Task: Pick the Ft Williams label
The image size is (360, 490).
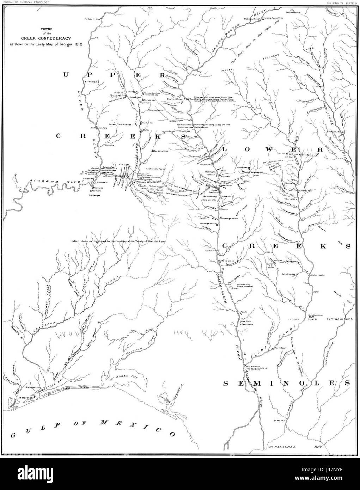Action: (93, 81)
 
